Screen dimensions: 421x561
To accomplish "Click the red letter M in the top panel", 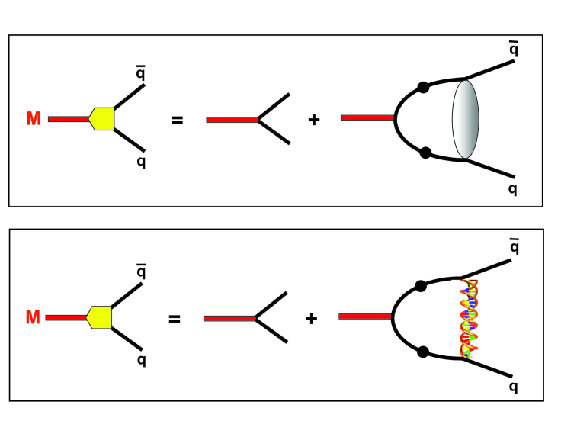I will point(34,119).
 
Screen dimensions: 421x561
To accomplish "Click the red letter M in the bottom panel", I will point(33,317).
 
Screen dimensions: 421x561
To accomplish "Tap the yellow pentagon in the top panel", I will point(102,118).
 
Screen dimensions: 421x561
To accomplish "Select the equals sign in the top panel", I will point(177,120).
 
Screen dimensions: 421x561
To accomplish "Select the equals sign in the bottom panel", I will point(175,318).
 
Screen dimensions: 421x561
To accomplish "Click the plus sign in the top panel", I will point(313,120).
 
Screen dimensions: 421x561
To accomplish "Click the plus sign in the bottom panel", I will point(311,318).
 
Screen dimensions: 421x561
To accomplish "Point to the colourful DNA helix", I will point(467,318).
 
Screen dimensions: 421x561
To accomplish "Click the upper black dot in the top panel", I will point(424,87).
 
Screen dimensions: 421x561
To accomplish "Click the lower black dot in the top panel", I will point(425,153).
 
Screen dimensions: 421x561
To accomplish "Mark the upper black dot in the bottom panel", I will point(420,286).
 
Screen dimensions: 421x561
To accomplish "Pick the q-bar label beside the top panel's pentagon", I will point(141,73).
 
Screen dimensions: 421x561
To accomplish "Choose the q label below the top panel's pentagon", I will point(141,162).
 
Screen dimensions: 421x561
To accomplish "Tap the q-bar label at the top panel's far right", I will point(514,50).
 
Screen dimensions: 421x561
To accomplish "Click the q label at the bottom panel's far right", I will point(513,387).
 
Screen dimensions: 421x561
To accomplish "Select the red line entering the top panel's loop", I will point(367,117).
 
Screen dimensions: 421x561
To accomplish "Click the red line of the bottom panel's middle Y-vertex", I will point(229,318).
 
